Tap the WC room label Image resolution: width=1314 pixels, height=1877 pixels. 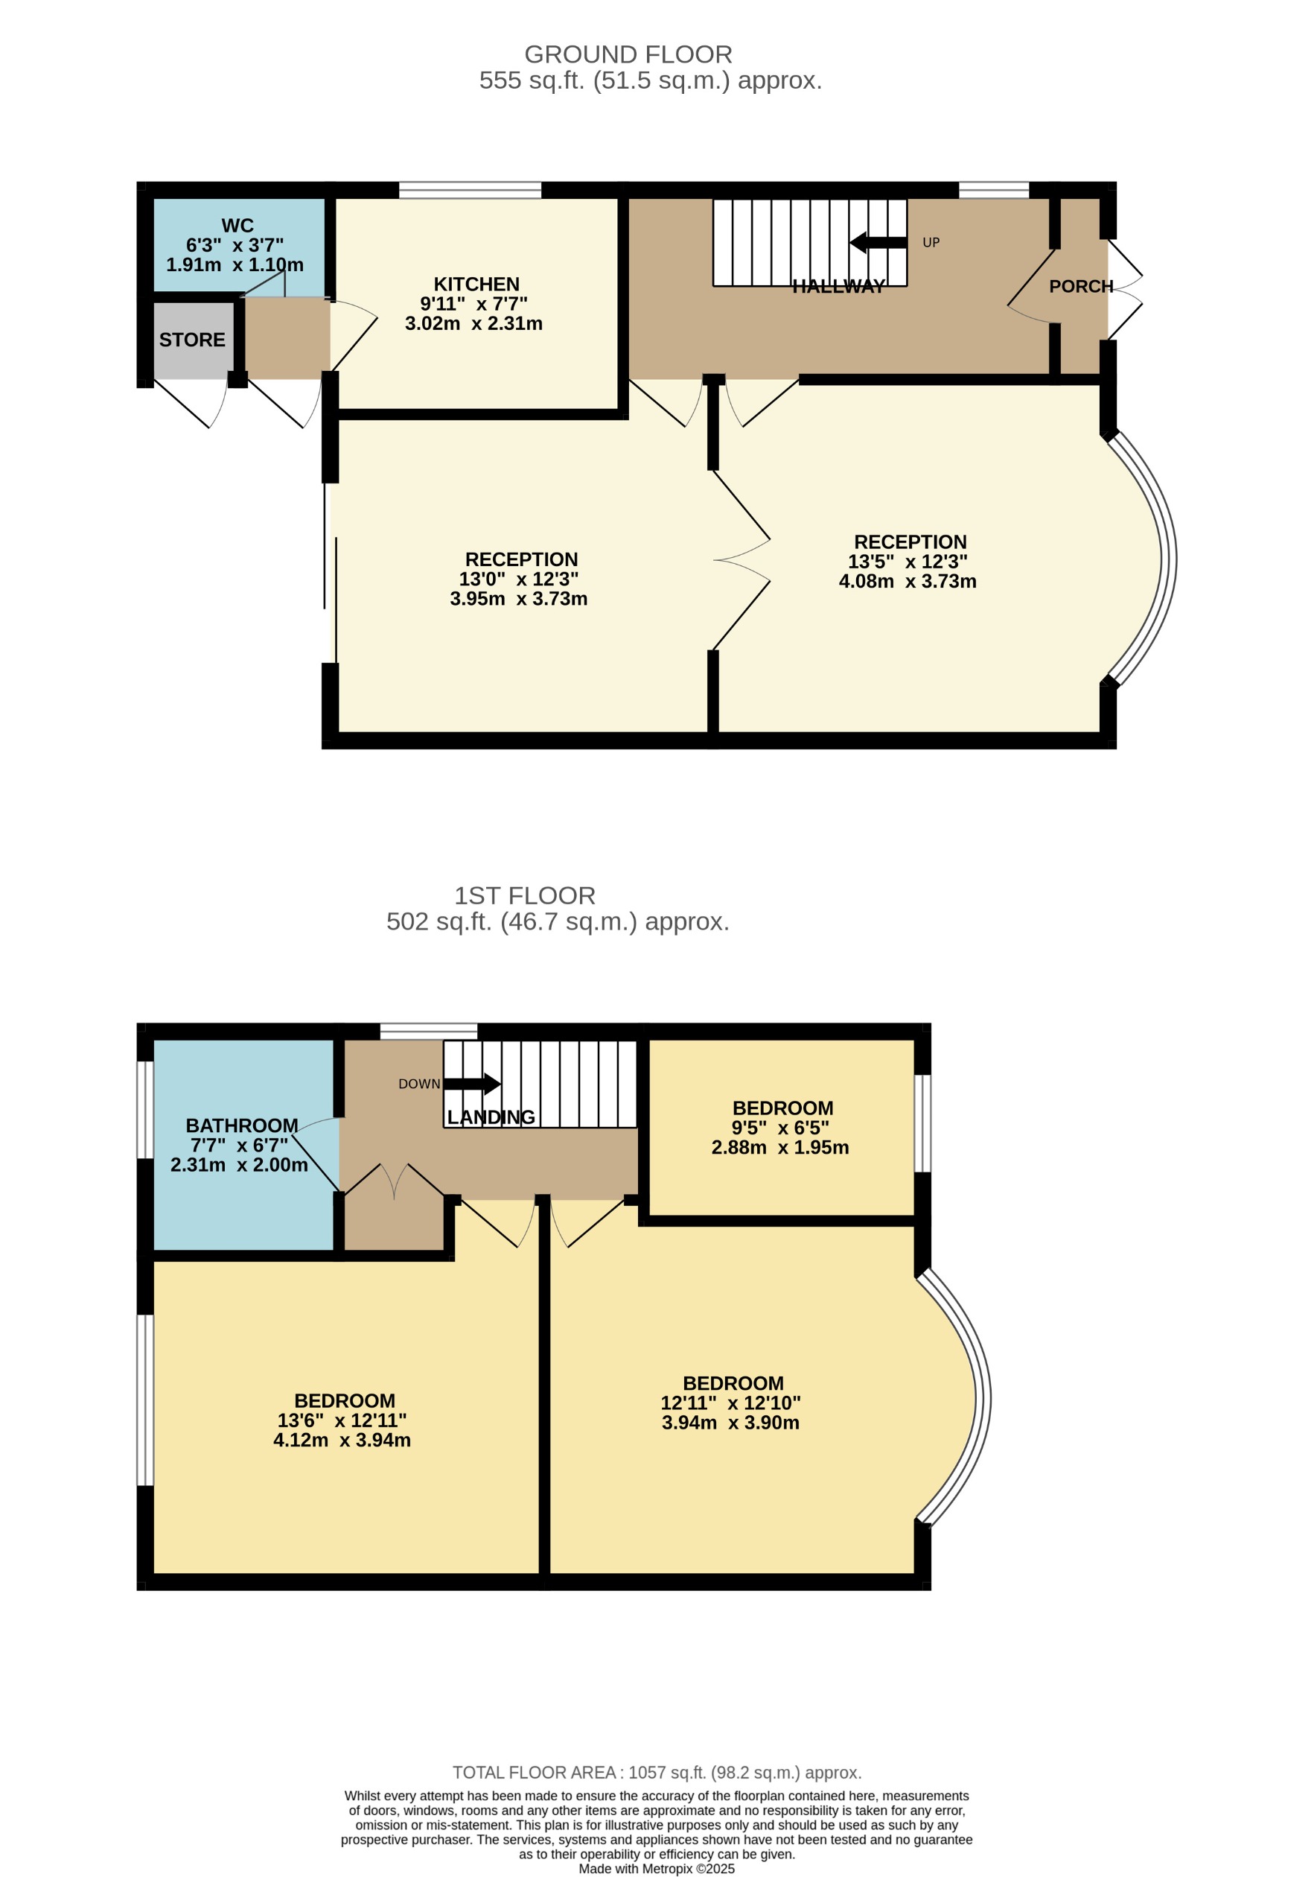pos(237,226)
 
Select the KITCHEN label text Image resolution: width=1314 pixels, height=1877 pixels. pos(476,285)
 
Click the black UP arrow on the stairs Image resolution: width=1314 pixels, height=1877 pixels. pos(878,243)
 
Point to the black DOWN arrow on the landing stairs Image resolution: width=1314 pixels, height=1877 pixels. pos(472,1084)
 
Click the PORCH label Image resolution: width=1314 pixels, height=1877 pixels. pos(1080,287)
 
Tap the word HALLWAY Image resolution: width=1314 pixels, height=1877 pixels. pos(838,287)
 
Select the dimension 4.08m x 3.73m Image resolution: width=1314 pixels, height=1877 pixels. pos(907,581)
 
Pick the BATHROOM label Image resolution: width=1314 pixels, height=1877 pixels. pos(242,1125)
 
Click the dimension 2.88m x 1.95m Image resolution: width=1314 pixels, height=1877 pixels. pos(779,1148)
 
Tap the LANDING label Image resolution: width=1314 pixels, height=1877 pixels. pos(491,1117)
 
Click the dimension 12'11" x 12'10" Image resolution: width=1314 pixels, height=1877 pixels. pos(730,1403)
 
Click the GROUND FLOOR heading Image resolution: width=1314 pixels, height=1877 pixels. pos(628,55)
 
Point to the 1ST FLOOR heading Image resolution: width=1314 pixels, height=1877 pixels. pos(525,896)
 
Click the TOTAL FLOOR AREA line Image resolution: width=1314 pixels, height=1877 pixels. pos(657,1773)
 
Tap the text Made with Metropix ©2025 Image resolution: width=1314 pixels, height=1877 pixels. pos(656,1869)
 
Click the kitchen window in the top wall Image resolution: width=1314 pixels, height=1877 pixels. pos(470,191)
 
